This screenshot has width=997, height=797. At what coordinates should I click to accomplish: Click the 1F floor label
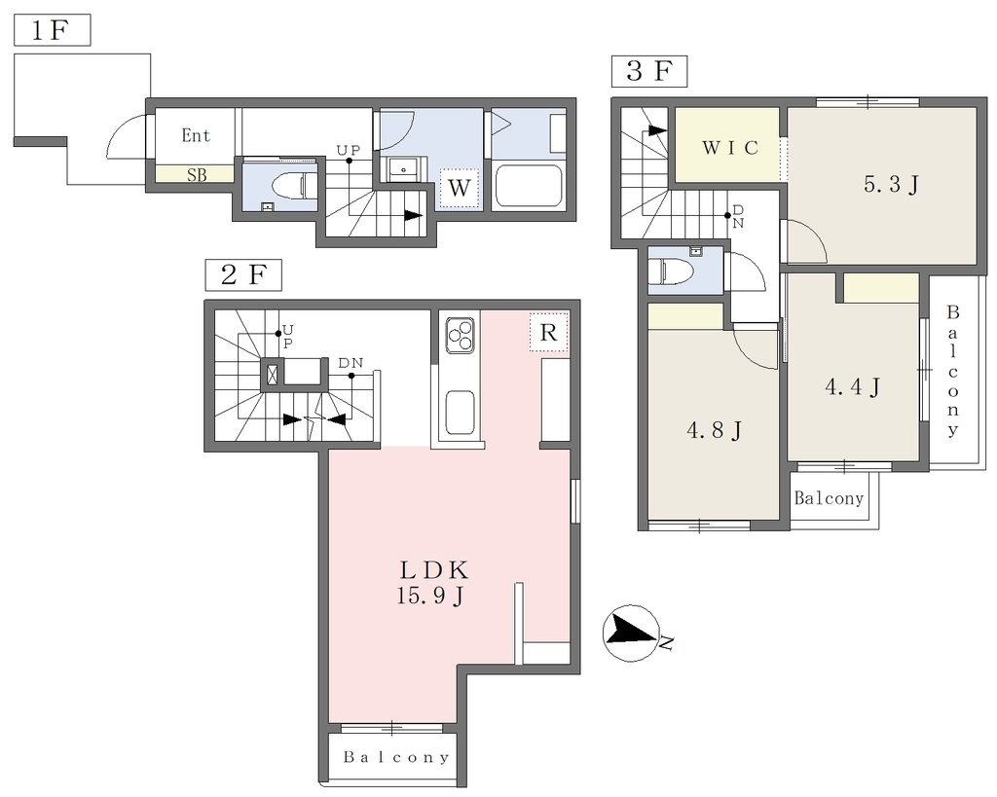pyautogui.click(x=53, y=30)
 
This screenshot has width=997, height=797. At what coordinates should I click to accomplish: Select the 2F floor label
pyautogui.click(x=242, y=275)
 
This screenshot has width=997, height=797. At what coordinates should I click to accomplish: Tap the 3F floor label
pyautogui.click(x=649, y=70)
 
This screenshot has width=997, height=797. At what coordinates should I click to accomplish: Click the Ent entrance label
pyautogui.click(x=196, y=134)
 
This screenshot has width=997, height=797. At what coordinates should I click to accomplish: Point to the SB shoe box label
pyautogui.click(x=197, y=174)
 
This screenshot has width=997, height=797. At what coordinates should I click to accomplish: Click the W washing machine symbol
pyautogui.click(x=460, y=188)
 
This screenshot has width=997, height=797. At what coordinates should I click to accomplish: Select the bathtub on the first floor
pyautogui.click(x=529, y=186)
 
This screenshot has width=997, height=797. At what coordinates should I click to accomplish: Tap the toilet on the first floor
pyautogui.click(x=294, y=186)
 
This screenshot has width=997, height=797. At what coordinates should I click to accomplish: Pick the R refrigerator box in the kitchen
pyautogui.click(x=549, y=332)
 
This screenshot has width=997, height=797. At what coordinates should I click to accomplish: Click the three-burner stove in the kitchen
pyautogui.click(x=460, y=336)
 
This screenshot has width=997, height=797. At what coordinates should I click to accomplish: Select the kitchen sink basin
pyautogui.click(x=461, y=413)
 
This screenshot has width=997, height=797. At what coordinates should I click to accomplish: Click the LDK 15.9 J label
pyautogui.click(x=433, y=582)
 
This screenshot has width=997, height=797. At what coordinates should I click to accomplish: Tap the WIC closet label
pyautogui.click(x=730, y=148)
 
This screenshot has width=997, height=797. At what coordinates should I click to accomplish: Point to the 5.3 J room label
pyautogui.click(x=892, y=184)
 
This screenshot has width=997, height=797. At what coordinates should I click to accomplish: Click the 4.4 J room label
pyautogui.click(x=853, y=385)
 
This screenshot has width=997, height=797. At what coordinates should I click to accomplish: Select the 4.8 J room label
pyautogui.click(x=714, y=430)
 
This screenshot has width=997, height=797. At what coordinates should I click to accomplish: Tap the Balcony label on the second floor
pyautogui.click(x=396, y=757)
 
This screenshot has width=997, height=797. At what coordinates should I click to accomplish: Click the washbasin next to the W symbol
pyautogui.click(x=403, y=169)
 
